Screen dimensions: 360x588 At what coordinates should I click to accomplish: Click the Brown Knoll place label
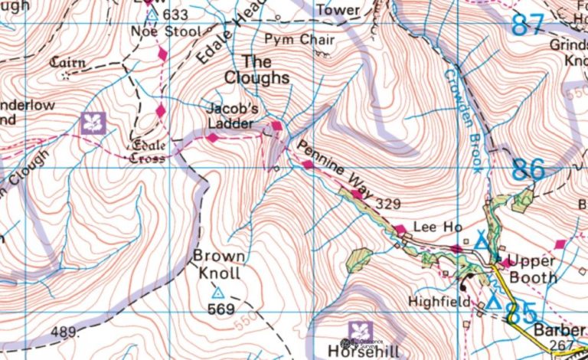[x=218, y=264]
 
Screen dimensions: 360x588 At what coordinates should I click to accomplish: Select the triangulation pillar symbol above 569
[x=217, y=293]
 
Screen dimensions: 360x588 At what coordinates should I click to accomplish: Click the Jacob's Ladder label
[x=230, y=115]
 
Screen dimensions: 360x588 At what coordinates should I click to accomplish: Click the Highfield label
[x=439, y=302]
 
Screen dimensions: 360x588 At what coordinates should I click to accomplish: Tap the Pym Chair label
[x=289, y=39]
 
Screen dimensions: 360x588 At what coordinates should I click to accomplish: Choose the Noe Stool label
[x=165, y=32]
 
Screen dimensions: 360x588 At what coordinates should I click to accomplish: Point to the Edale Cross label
[x=149, y=152]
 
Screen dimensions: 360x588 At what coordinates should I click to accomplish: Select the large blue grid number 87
[x=529, y=24]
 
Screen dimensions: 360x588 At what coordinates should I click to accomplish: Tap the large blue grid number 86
[x=529, y=169]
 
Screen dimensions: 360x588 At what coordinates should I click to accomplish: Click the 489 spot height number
[x=65, y=332]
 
